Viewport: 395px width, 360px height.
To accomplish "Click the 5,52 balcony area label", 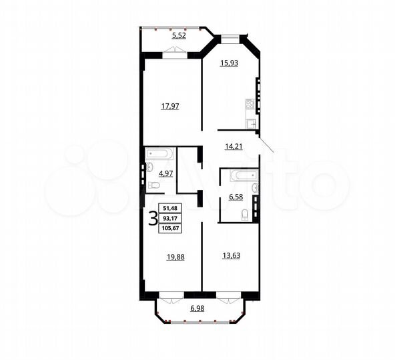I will point(178,35).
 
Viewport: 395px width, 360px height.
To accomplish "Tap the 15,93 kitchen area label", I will point(230,63).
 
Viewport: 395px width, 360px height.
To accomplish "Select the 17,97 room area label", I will point(169,105).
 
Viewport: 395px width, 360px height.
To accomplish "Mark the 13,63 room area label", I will point(230,253).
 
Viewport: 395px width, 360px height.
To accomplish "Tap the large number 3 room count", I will point(153,219).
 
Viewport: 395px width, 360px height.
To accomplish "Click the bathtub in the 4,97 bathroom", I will point(160,154).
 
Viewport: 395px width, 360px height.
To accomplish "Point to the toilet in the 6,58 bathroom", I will point(245,214).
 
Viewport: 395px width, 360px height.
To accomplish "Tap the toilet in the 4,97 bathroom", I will point(153,185).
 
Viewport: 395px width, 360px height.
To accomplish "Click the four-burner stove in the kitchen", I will point(250,104).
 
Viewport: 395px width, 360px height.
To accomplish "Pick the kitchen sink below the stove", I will point(252,123).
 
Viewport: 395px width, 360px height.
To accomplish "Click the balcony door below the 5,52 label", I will point(169,58).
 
